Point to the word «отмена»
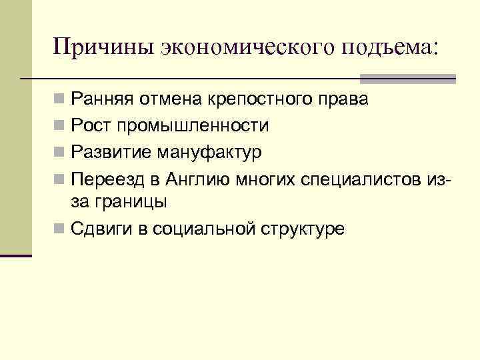171,100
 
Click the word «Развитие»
110,152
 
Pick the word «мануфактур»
209,152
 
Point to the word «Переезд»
107,178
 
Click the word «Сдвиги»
101,229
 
